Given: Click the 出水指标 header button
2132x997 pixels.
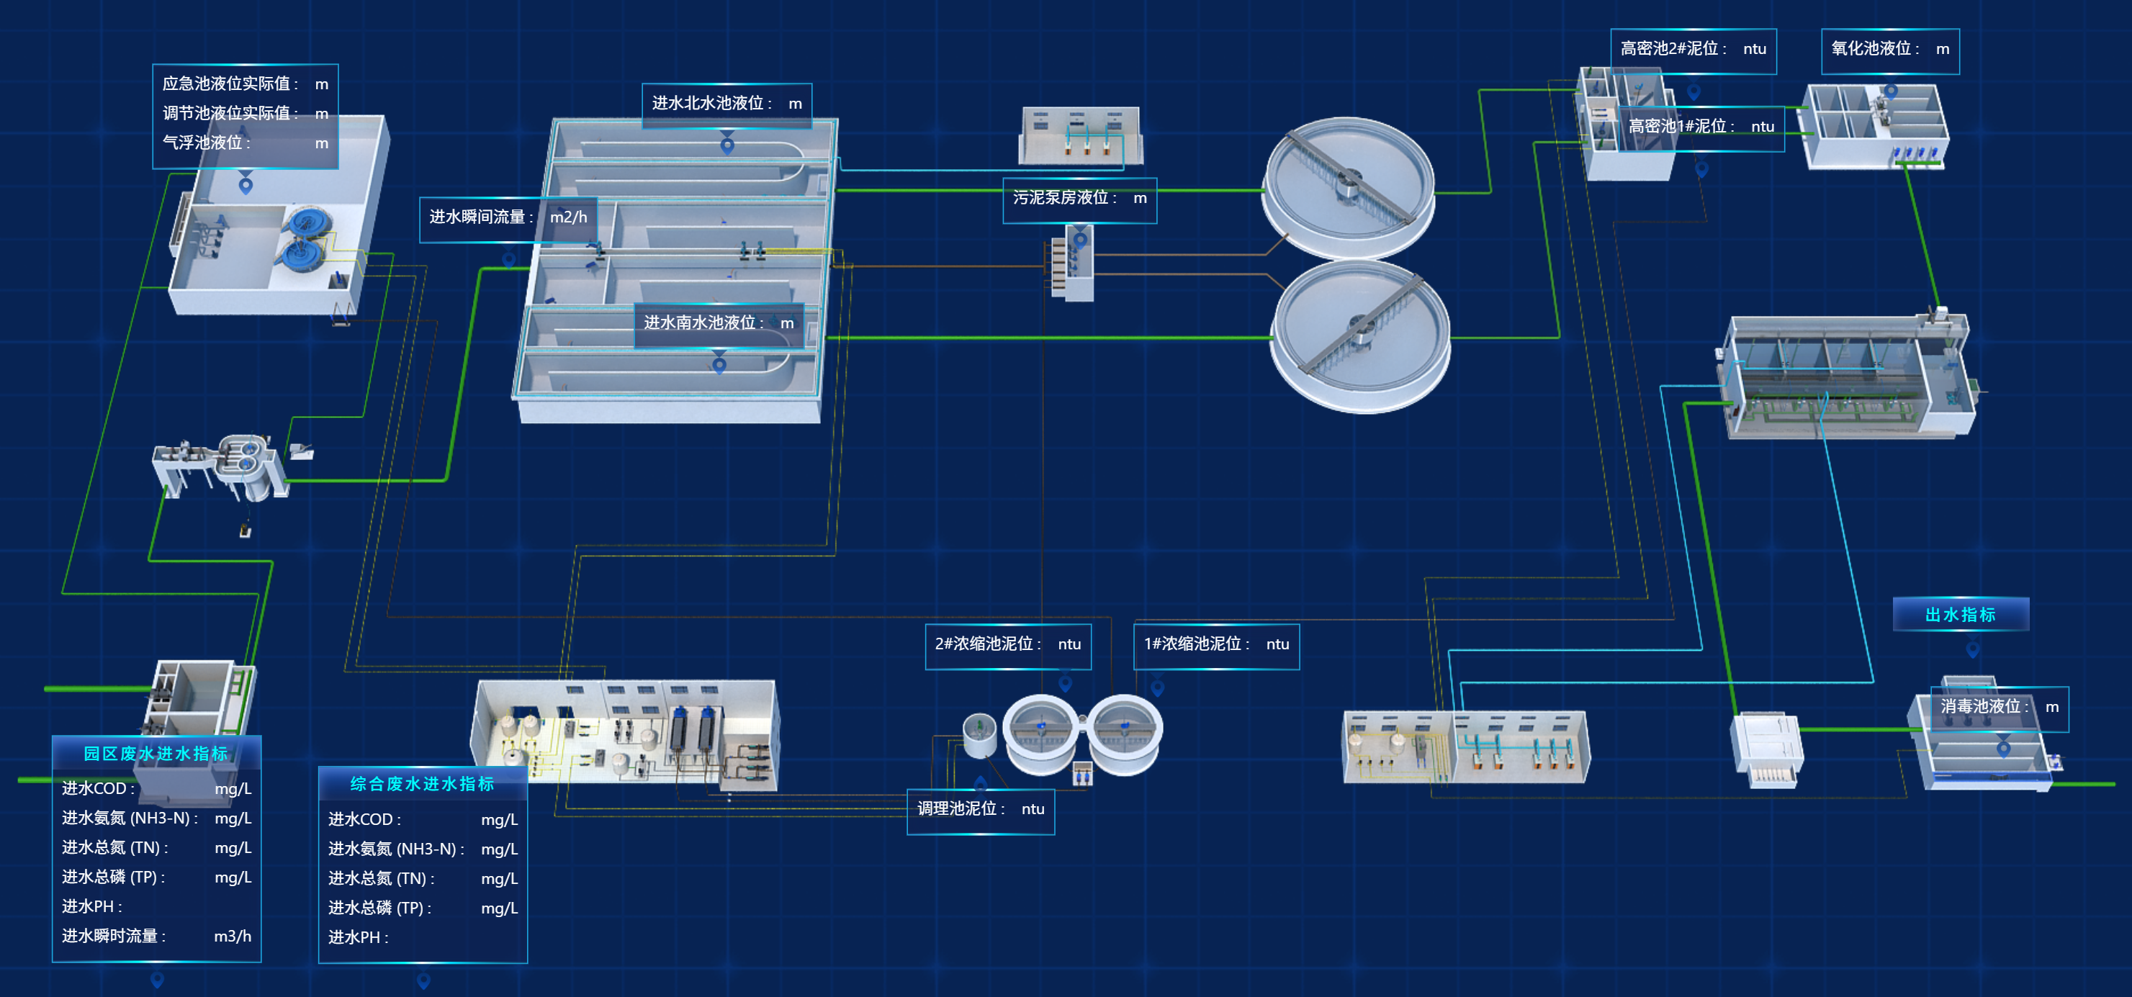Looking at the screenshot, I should pos(1960,615).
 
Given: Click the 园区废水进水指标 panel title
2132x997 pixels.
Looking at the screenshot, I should pos(156,754).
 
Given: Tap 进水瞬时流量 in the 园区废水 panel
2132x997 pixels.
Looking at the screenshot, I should pos(114,937).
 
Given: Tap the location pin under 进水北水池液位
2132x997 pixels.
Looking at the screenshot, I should pos(727,146).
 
